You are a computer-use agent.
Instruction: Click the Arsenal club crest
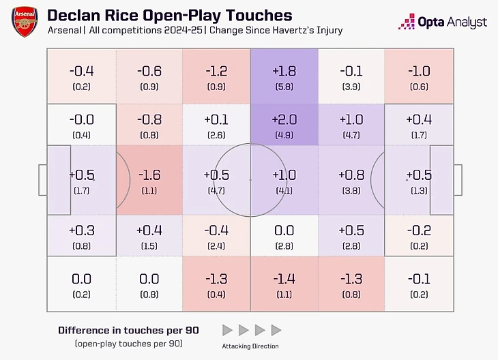coord(25,22)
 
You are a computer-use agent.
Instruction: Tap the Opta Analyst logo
coord(443,22)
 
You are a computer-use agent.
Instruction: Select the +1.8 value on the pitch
coord(284,71)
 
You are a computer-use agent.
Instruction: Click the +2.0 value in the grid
coord(284,120)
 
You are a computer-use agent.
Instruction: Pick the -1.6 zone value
coord(149,175)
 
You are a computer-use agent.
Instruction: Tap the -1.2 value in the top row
coord(216,71)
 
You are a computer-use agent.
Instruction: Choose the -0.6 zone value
coord(149,71)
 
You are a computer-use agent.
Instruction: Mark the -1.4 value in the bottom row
coord(284,280)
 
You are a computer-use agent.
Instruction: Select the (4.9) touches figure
coord(284,135)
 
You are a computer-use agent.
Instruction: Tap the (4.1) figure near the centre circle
coord(284,191)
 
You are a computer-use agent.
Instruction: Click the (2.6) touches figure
coord(216,135)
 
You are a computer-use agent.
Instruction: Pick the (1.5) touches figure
coord(149,246)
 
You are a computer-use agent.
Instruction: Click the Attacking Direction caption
coord(250,346)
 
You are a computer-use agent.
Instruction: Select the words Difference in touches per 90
coord(129,330)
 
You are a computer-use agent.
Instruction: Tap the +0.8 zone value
coord(351,175)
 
